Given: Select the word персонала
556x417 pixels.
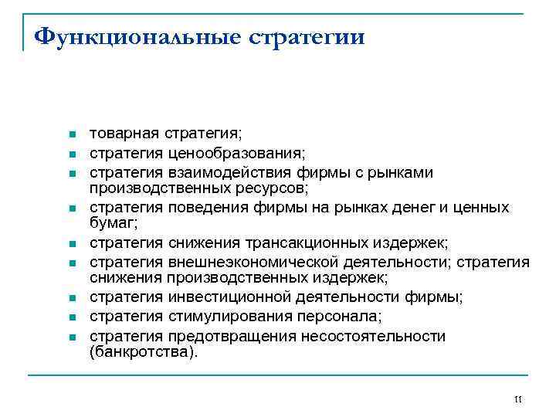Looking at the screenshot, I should point(327,317).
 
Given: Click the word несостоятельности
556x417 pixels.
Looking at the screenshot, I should point(371,336).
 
